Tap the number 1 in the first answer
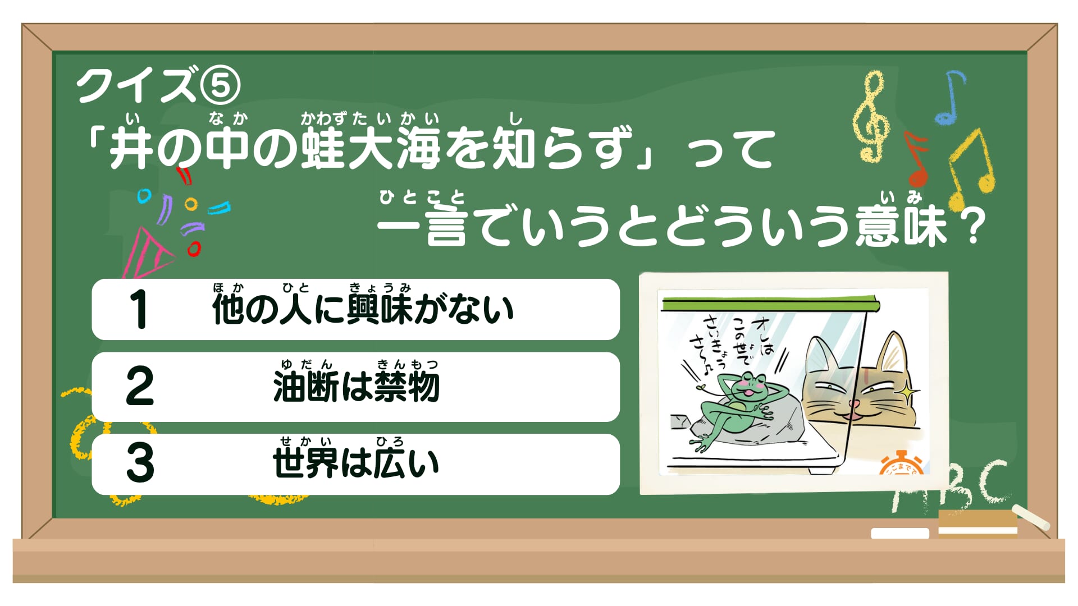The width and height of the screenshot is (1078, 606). click(138, 309)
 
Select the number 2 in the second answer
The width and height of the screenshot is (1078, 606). click(140, 386)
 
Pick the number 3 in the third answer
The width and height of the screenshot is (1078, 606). click(140, 463)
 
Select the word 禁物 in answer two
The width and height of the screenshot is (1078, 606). click(406, 387)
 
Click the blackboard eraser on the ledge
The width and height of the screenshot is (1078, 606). click(977, 523)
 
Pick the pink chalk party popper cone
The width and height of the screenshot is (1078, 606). click(147, 255)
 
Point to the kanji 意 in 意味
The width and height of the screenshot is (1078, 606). click(879, 226)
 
